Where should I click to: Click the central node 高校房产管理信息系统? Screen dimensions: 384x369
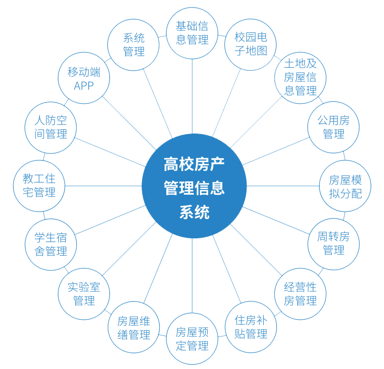point(194,186)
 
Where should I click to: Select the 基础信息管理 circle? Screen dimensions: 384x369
point(192,33)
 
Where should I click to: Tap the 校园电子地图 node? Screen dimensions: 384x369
point(251,44)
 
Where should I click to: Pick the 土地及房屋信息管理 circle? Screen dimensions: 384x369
point(300,77)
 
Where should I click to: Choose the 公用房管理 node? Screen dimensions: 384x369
point(333,127)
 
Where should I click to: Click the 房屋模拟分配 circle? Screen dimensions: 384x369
point(345,186)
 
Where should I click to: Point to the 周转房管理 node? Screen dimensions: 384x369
point(333,243)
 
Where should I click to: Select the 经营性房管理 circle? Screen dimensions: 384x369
point(300,294)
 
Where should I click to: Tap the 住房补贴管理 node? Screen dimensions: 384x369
point(251,327)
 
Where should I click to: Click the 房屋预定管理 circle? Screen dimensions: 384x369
point(192,339)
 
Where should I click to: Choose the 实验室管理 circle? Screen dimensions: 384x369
point(84,294)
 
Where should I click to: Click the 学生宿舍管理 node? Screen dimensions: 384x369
point(51,244)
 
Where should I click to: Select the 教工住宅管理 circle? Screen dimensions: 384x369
point(39,186)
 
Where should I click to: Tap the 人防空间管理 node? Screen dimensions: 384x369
point(51,127)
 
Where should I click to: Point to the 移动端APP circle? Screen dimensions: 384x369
point(84,79)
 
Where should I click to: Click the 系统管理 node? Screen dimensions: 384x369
point(134,45)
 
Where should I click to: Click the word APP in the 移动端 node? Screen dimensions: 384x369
point(84,86)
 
